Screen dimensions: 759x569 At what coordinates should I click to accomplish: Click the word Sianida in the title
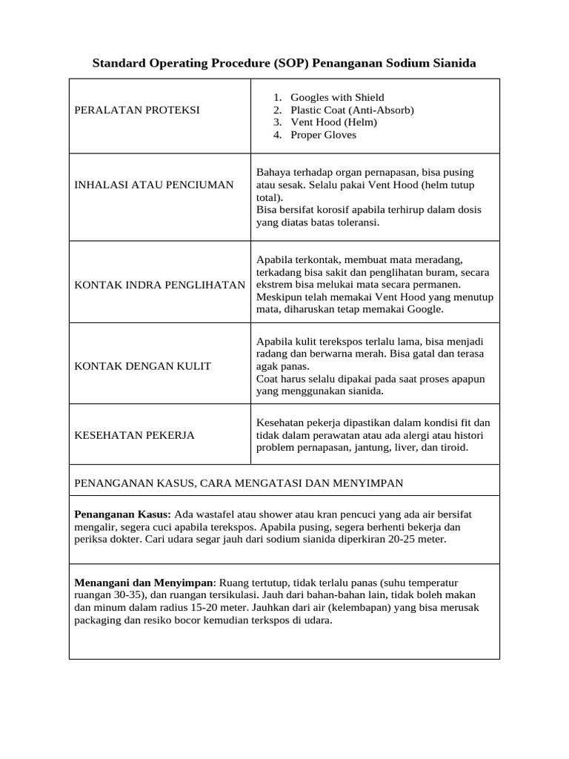pos(450,64)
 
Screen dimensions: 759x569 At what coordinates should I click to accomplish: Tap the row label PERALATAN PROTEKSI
pos(137,110)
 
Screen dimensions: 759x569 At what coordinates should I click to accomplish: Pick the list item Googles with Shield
pos(337,98)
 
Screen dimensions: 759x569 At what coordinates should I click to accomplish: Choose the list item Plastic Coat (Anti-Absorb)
pos(352,110)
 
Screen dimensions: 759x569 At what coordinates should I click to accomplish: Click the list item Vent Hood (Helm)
pos(333,122)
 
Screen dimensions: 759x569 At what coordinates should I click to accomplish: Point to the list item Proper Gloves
pos(323,135)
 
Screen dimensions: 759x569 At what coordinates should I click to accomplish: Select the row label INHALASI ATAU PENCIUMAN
pos(154,185)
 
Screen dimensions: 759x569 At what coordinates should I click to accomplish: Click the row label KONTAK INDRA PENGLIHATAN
pos(160,285)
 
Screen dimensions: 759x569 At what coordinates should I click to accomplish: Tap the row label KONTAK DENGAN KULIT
pos(143,365)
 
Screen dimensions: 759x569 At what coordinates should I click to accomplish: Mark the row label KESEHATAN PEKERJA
pos(135,435)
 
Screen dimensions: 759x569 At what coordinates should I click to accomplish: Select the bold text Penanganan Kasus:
pos(123,514)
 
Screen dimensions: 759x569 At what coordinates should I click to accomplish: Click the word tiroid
pos(453,448)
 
